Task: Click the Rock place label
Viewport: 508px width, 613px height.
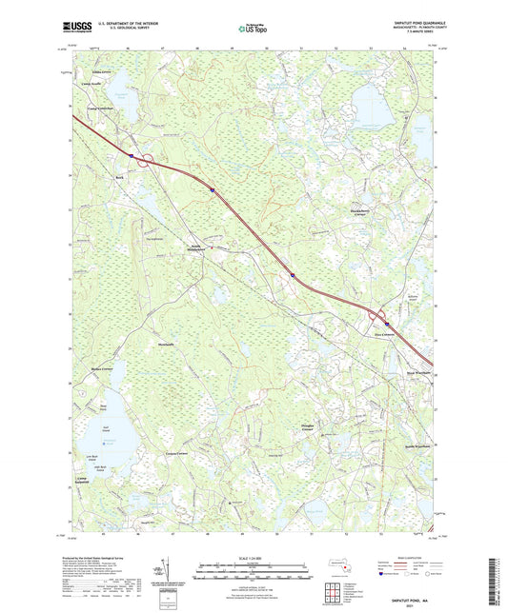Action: tap(120, 177)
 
